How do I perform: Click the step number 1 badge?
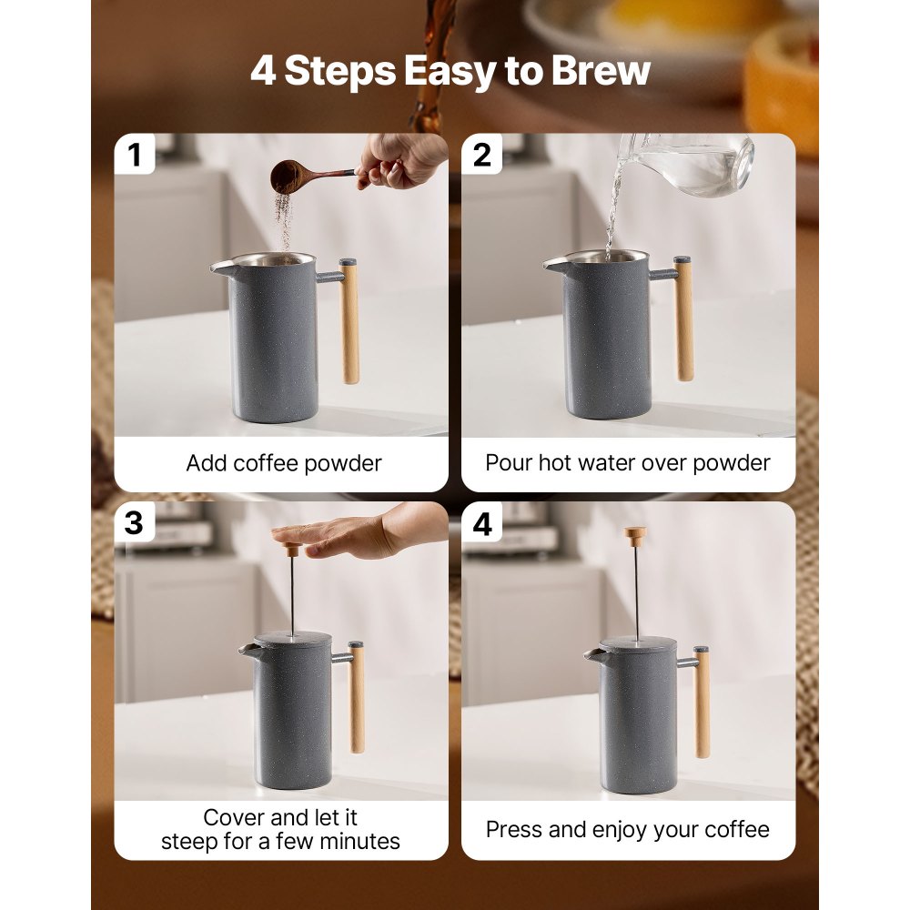click(x=135, y=155)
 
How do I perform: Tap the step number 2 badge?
click(x=482, y=155)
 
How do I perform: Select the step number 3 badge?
click(x=135, y=523)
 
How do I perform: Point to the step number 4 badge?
click(x=482, y=524)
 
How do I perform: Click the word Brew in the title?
click(x=601, y=72)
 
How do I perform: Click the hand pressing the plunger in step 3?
click(x=355, y=532)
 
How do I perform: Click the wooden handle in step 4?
click(x=702, y=701)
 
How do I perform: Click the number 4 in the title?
click(x=264, y=72)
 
